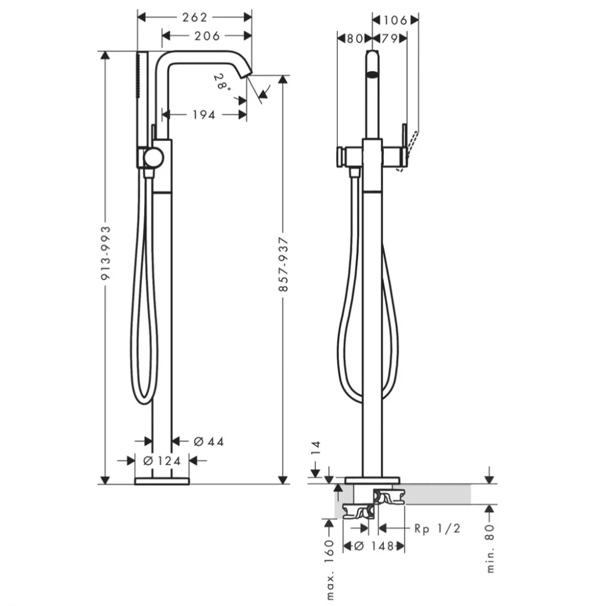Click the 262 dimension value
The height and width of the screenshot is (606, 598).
(x=195, y=17)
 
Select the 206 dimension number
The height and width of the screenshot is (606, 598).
(x=207, y=36)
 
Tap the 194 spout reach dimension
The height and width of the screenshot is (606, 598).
(x=204, y=115)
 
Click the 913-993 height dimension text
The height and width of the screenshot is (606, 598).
(x=105, y=253)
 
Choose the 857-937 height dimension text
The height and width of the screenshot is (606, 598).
(x=283, y=264)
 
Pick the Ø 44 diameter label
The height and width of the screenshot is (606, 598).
(x=209, y=441)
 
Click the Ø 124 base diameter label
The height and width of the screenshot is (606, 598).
(x=162, y=461)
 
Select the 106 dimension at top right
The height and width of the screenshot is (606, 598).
(x=395, y=20)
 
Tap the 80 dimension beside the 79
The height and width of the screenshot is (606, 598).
(x=354, y=39)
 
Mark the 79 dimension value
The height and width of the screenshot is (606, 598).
(x=389, y=39)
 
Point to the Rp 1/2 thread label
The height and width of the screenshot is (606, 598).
(x=437, y=528)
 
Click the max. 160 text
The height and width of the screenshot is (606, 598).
(x=329, y=570)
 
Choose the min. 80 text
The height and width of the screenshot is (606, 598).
(x=489, y=548)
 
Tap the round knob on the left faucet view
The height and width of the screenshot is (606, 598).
(x=154, y=159)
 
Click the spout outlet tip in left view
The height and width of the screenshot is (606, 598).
(x=246, y=75)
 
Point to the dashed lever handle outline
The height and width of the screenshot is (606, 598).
(x=408, y=151)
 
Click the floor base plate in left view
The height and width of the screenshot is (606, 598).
(x=162, y=481)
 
